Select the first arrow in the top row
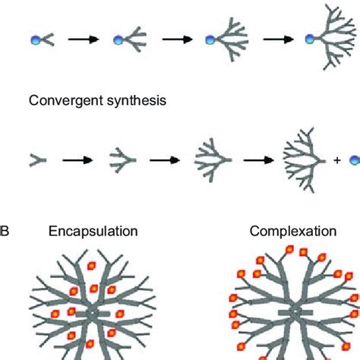83,41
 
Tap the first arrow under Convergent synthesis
76,161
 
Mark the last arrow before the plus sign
256,161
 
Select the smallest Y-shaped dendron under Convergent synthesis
36,160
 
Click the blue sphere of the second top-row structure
118,41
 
